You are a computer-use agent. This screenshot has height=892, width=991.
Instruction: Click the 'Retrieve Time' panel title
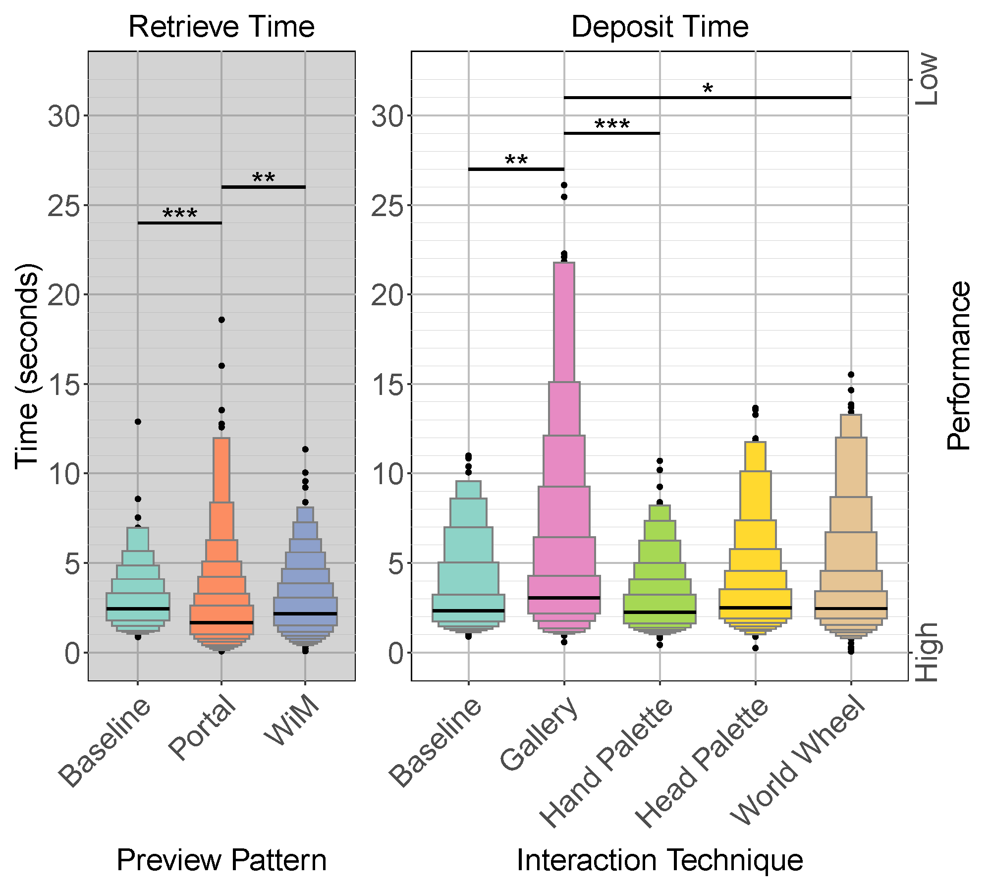click(221, 27)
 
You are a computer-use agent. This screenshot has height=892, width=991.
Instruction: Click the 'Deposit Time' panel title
click(660, 27)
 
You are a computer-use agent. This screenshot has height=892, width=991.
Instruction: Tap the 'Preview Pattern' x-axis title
click(221, 860)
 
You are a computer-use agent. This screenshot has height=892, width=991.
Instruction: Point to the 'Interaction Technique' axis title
click(660, 860)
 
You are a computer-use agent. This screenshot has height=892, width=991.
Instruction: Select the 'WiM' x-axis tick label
click(292, 721)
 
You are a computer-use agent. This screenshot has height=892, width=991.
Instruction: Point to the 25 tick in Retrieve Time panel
click(63, 206)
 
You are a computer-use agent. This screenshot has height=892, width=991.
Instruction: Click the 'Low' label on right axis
click(927, 79)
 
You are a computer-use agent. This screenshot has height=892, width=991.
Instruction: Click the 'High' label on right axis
click(927, 652)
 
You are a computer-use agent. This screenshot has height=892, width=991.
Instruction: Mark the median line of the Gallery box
click(564, 598)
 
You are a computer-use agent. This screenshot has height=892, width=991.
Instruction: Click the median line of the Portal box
click(221, 622)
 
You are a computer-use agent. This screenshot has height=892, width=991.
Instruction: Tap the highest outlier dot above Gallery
click(564, 185)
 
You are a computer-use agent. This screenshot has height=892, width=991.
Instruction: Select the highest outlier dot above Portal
click(221, 320)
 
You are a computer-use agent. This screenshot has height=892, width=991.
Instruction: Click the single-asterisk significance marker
click(708, 90)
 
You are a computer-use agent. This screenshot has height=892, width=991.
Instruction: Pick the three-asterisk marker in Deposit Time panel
click(612, 124)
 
